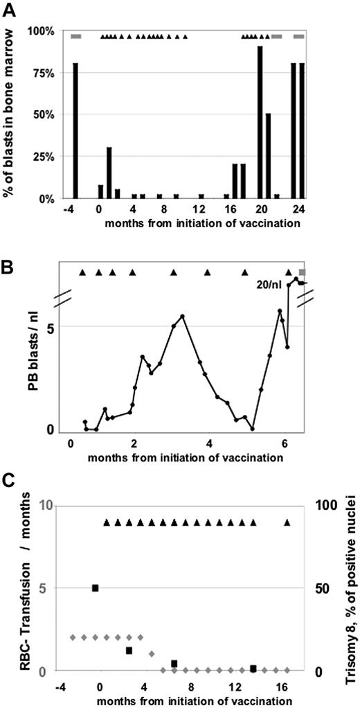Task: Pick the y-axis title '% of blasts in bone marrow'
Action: coord(10,112)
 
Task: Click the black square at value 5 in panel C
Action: coord(96,588)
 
